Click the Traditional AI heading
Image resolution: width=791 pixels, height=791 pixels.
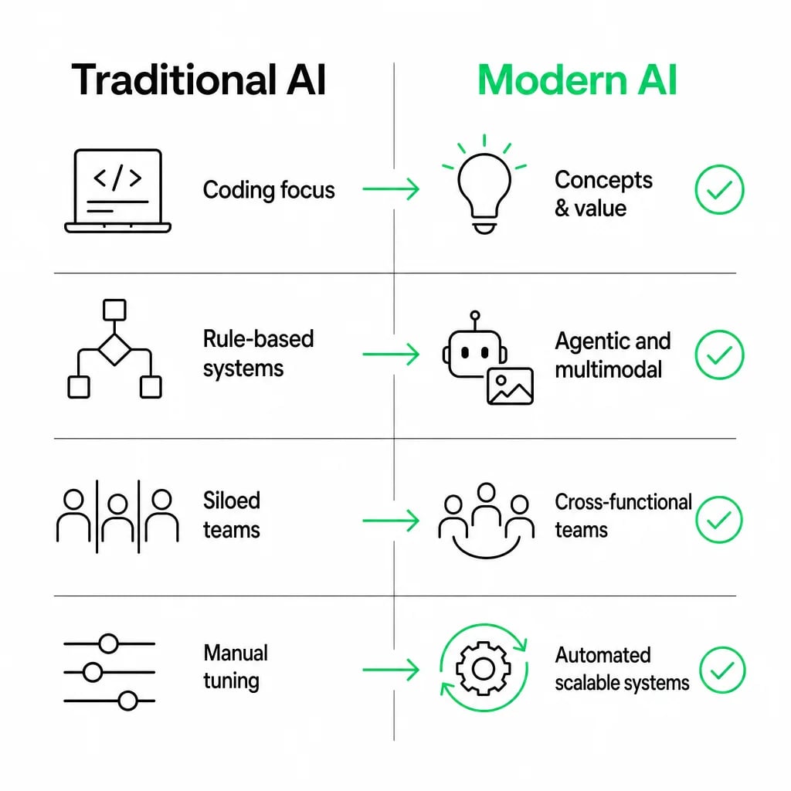199,80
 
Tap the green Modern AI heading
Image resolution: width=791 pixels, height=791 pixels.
576,80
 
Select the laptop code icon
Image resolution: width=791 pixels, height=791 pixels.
117,191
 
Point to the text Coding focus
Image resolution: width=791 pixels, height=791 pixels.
269,190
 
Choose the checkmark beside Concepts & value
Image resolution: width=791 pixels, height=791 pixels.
719,190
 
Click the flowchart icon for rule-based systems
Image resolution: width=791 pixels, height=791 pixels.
114,349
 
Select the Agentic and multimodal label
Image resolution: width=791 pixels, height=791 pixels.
613,355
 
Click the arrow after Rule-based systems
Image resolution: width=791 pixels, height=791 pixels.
391,354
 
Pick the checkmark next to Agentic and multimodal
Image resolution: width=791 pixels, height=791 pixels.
719,355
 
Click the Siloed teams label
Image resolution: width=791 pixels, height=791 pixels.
232,515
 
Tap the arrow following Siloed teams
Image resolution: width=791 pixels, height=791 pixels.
391,520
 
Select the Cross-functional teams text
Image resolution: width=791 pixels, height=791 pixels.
623,515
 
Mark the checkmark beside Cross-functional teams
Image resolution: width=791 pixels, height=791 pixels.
719,520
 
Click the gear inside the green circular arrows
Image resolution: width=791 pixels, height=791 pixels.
484,669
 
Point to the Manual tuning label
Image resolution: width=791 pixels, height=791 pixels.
236,667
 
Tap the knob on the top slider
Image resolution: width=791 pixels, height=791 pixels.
108,643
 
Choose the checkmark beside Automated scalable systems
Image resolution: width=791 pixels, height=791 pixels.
722,670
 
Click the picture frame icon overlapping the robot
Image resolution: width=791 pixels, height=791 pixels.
510,386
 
